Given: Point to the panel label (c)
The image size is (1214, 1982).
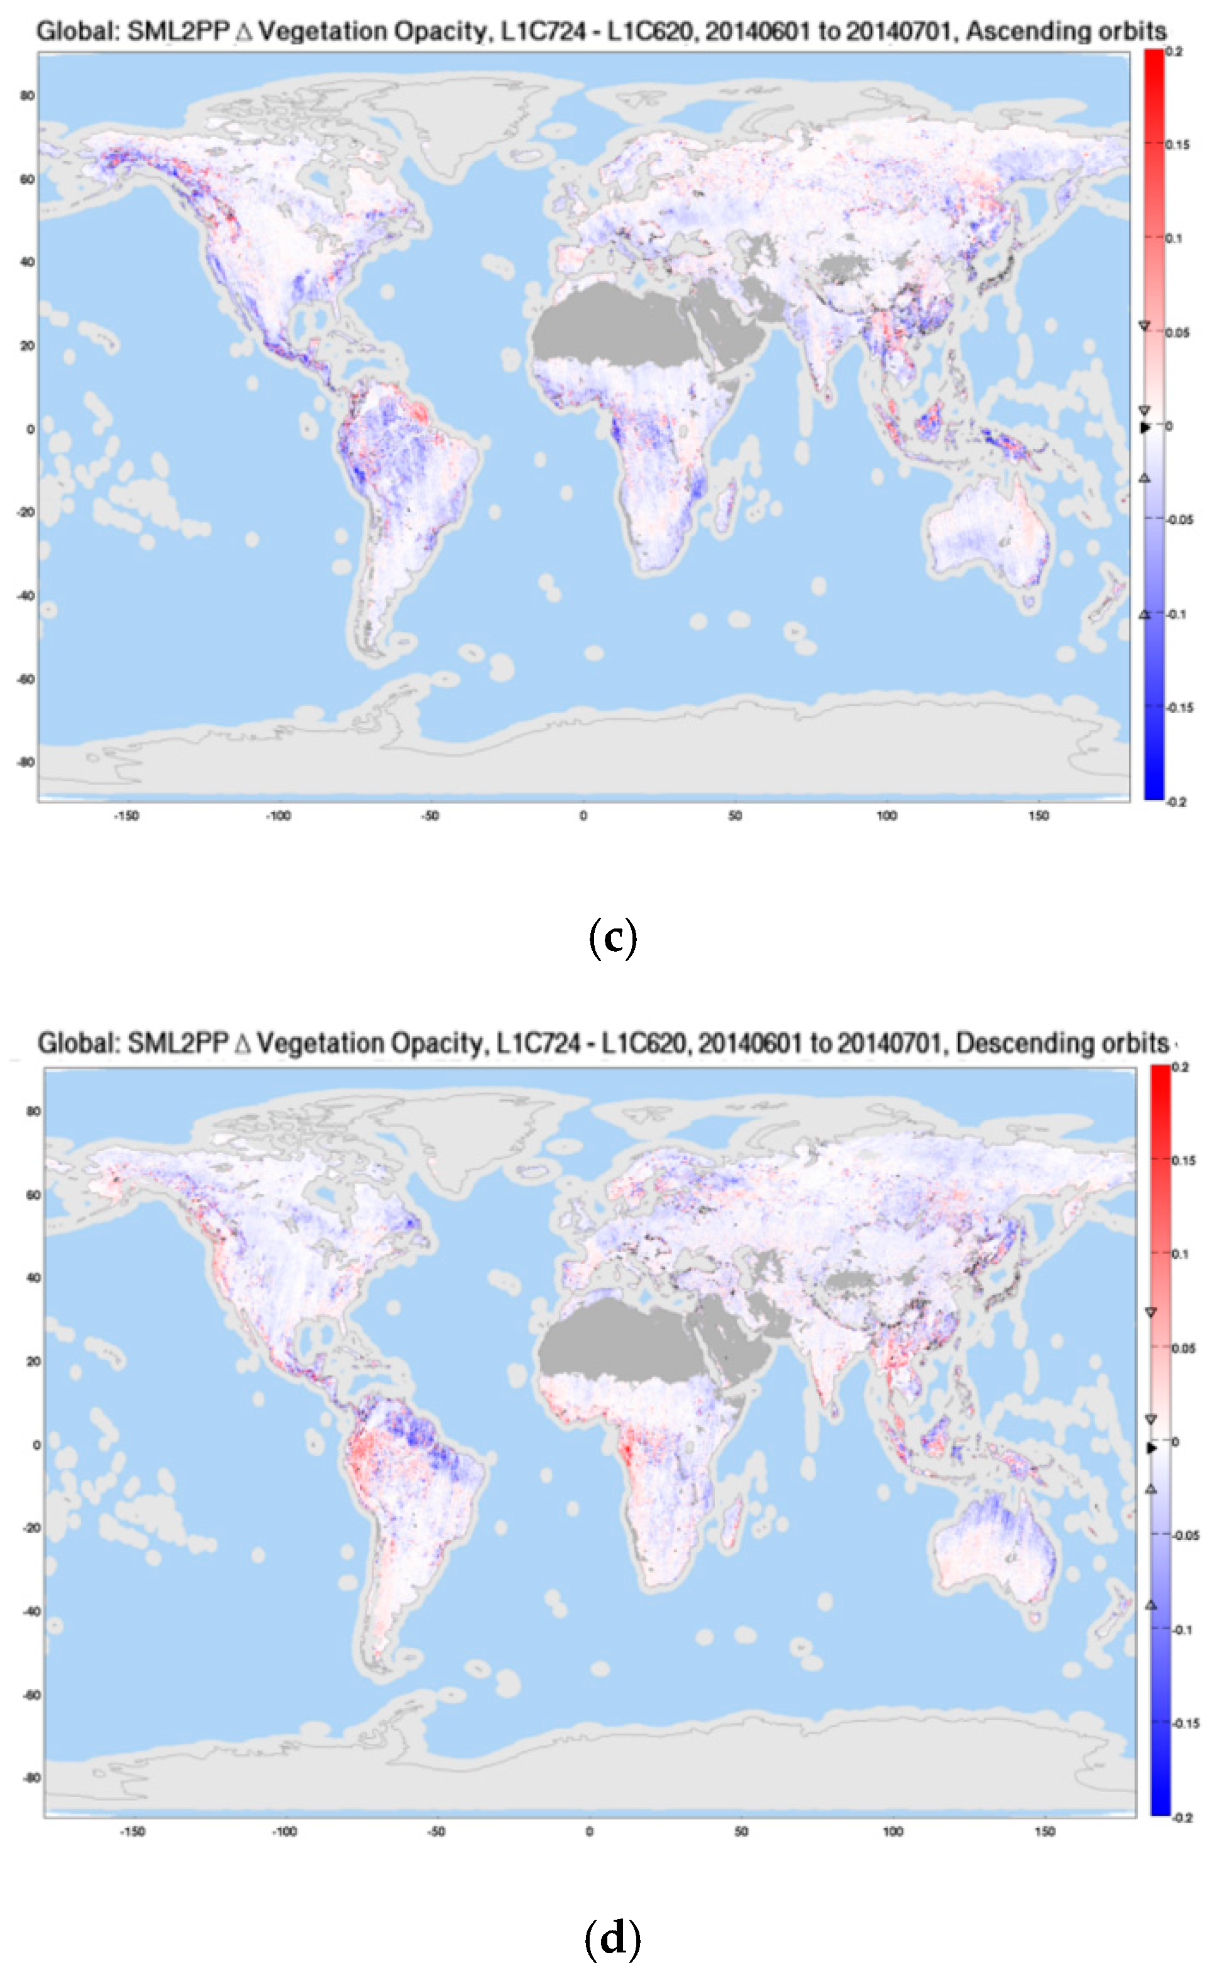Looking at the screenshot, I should pyautogui.click(x=613, y=938).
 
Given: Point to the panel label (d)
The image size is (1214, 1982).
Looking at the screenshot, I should pyautogui.click(x=613, y=1938).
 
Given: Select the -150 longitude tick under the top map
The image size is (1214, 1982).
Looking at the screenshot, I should pyautogui.click(x=126, y=816).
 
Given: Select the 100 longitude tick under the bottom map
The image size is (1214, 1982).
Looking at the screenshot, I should pyautogui.click(x=893, y=1832).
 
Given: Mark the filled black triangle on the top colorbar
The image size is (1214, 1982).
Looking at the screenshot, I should pyautogui.click(x=1145, y=427).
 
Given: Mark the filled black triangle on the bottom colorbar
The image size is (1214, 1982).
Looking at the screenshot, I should pyautogui.click(x=1151, y=1448).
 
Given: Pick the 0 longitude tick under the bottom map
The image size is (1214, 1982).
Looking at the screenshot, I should pyautogui.click(x=590, y=1832).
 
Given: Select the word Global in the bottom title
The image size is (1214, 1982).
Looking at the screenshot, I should pyautogui.click(x=77, y=1043).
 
